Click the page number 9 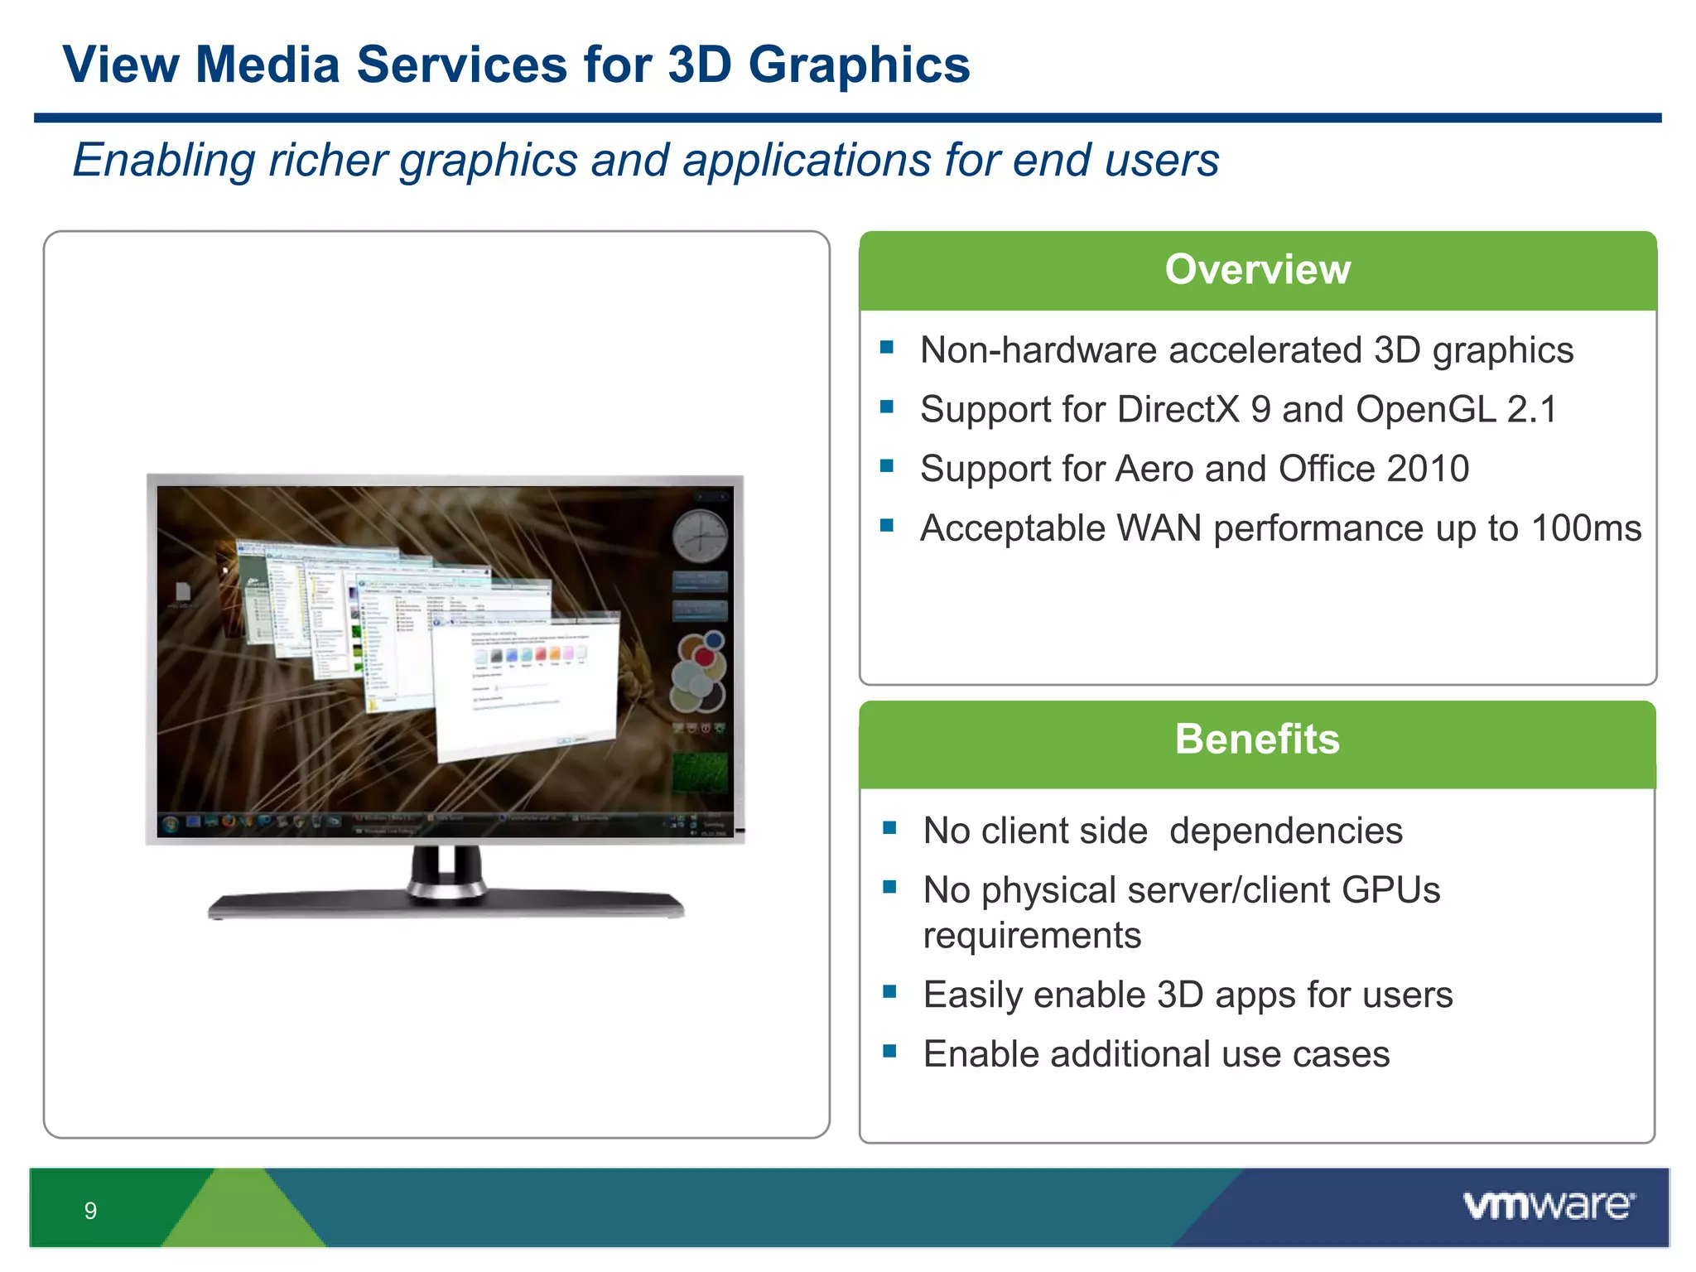click(x=90, y=1211)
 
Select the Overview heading click(x=1257, y=270)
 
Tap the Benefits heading click(x=1256, y=740)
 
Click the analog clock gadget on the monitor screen click(x=700, y=537)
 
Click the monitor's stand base click(x=446, y=904)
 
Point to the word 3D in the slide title click(x=699, y=65)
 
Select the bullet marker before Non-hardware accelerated click(x=887, y=348)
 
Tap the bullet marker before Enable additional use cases click(x=889, y=1052)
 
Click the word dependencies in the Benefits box click(x=1285, y=831)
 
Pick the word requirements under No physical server click(x=1032, y=936)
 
